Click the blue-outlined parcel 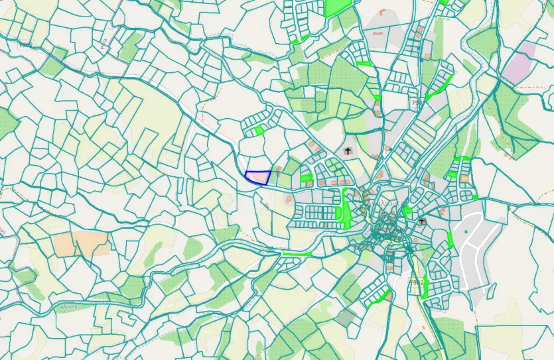point(257,177)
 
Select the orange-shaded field point(82,243)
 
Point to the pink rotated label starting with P point(104,44)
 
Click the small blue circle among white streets point(466,231)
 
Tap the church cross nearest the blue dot point(422,221)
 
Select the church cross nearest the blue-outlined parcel point(348,151)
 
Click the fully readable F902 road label point(417,282)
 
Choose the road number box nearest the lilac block point(417,103)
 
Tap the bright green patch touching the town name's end point(406,210)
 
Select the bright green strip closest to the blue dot point(450,239)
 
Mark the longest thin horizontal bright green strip point(297,254)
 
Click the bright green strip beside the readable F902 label point(425,287)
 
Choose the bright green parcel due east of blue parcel point(307,178)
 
